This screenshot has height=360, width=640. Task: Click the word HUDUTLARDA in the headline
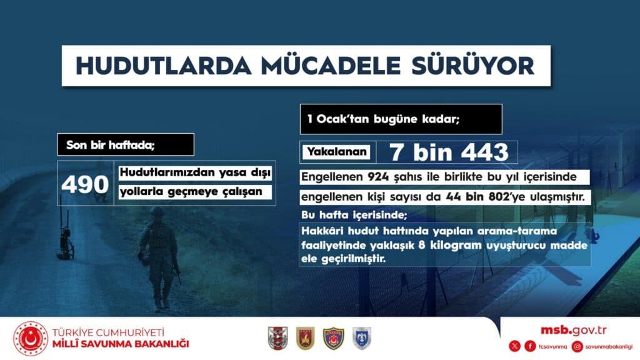pyautogui.click(x=163, y=66)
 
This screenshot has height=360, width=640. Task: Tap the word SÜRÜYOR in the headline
pyautogui.click(x=472, y=66)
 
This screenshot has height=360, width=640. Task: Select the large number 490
pyautogui.click(x=85, y=184)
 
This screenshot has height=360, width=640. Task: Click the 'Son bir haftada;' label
pyautogui.click(x=126, y=144)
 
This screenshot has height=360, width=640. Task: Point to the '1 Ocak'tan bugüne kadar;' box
pyautogui.click(x=401, y=119)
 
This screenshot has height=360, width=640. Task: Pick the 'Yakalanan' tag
pyautogui.click(x=337, y=152)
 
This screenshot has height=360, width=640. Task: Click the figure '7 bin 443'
pyautogui.click(x=449, y=152)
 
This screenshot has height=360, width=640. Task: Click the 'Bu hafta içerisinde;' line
pyautogui.click(x=354, y=215)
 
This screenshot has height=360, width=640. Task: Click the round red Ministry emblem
pyautogui.click(x=31, y=338)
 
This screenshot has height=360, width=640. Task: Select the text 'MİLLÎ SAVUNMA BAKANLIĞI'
pyautogui.click(x=121, y=344)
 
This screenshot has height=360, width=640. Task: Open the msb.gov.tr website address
pyautogui.click(x=574, y=330)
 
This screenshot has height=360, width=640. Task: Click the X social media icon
pyautogui.click(x=515, y=346)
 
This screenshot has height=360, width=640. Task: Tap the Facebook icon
pyautogui.click(x=530, y=346)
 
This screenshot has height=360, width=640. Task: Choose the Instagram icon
pyautogui.click(x=577, y=346)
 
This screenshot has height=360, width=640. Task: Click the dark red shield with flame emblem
pyautogui.click(x=305, y=338)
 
